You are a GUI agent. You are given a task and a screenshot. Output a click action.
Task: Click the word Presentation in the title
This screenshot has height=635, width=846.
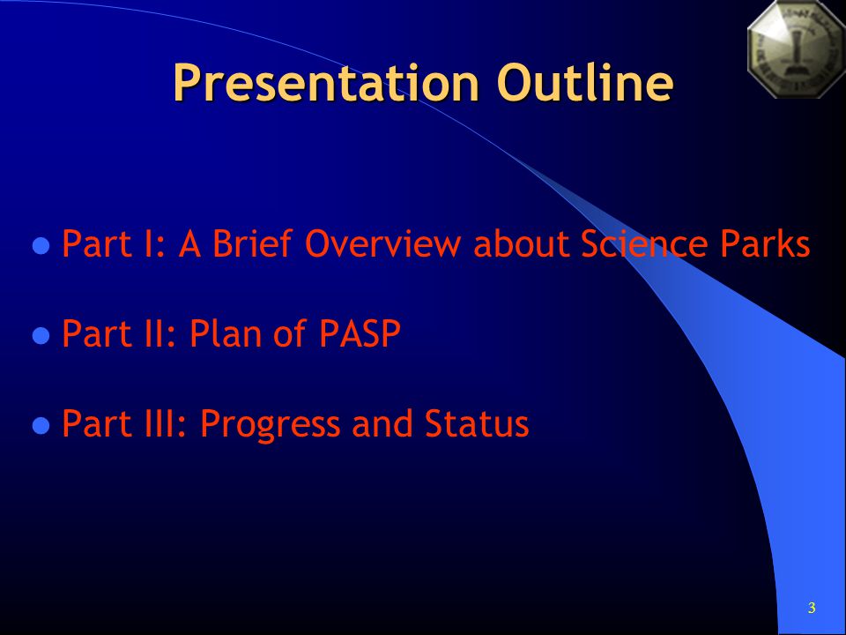326,83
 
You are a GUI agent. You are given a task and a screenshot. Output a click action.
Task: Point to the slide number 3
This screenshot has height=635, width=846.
812,608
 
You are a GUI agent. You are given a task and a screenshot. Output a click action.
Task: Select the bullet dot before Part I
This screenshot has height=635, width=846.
41,246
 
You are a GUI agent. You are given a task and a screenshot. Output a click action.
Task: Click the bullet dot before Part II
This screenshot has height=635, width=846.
41,336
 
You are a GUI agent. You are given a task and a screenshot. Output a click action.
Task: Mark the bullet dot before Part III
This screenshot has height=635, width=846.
41,425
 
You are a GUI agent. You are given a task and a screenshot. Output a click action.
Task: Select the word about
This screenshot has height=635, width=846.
521,243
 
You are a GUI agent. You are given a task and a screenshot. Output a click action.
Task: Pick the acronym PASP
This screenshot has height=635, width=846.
360,332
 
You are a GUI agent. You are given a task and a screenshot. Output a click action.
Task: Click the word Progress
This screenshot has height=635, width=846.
271,425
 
